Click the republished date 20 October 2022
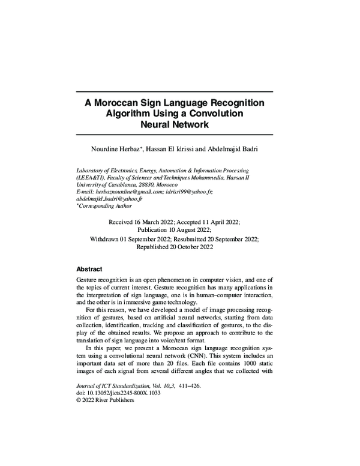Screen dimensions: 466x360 (x=197, y=246)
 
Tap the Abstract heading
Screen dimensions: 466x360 (x=90, y=269)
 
